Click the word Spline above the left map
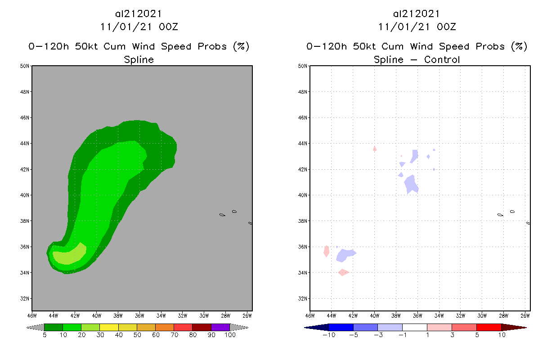(139, 59)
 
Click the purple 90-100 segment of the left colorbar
(220, 327)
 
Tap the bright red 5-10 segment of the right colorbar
(489, 327)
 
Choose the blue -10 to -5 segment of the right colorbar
(341, 327)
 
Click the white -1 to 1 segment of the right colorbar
(414, 327)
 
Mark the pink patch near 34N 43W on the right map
(343, 272)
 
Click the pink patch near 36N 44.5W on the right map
(327, 251)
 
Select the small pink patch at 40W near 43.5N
(375, 149)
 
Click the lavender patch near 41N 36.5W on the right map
(411, 184)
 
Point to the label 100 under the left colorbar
(230, 335)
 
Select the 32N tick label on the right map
(303, 298)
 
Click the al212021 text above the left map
(139, 14)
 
